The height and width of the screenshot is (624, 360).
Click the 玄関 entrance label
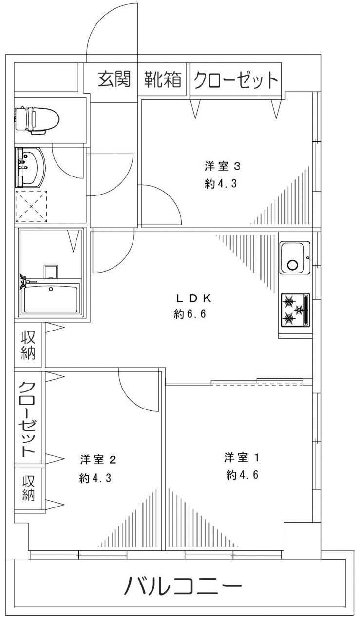(114, 79)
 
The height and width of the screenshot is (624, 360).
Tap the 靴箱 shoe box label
(163, 79)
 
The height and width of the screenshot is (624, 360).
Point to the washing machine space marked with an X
(31, 206)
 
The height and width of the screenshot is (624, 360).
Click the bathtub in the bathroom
(50, 299)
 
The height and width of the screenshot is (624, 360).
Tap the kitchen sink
(295, 257)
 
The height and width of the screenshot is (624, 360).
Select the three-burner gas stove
(295, 310)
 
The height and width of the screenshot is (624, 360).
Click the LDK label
(194, 298)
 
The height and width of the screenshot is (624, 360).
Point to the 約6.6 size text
(190, 314)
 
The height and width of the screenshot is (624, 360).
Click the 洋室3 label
(222, 166)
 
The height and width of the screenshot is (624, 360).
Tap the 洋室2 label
(98, 459)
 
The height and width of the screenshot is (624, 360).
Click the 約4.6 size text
(243, 475)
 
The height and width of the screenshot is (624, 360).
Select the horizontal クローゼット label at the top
(236, 79)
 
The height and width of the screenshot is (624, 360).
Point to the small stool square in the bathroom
(51, 272)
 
